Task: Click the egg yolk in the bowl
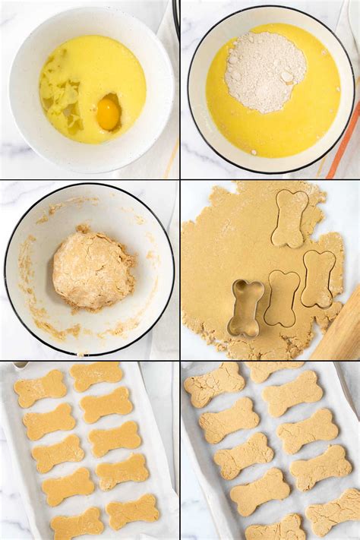coord(109,112)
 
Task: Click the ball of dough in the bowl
coord(93,270)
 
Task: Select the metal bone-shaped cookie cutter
coord(247,308)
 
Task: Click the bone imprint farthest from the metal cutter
coord(290,218)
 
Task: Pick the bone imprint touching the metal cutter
coord(282,298)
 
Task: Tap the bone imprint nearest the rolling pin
coord(317,279)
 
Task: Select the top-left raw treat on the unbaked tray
coord(40,388)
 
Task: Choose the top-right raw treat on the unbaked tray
coord(96,375)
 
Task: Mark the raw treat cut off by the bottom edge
coord(77,525)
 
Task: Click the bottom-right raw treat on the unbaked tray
coord(133,511)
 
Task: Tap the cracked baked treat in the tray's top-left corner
coord(214,384)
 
